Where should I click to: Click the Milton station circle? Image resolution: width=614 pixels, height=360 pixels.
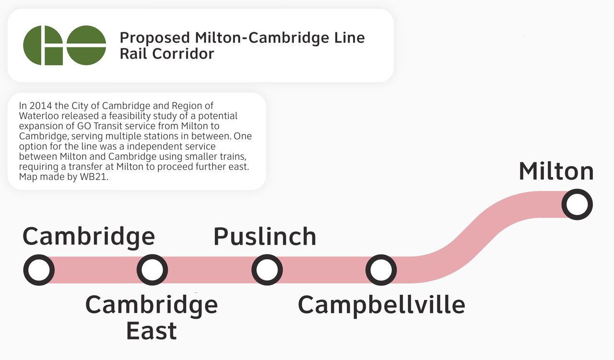577,192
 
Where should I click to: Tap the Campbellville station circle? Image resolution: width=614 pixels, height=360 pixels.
381,258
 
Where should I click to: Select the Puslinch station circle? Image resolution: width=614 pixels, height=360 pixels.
267,258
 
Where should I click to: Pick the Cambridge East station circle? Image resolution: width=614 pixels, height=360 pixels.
152,258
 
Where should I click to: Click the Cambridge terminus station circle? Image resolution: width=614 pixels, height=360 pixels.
39,258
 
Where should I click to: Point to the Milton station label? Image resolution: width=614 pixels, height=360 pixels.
556,171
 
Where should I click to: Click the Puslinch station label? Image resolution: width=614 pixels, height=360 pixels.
265,236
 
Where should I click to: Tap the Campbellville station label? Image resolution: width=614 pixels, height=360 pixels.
381,306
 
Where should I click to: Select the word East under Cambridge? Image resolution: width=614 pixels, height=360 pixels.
151,331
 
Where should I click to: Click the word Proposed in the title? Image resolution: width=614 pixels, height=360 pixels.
154,38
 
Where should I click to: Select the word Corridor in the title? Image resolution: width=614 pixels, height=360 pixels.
183,53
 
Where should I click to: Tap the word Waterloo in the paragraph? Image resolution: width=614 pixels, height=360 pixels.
39,116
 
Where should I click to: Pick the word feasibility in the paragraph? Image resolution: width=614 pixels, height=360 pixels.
130,116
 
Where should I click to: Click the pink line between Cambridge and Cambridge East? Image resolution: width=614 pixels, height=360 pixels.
95,270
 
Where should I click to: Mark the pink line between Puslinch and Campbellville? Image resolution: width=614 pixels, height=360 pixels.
324,270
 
